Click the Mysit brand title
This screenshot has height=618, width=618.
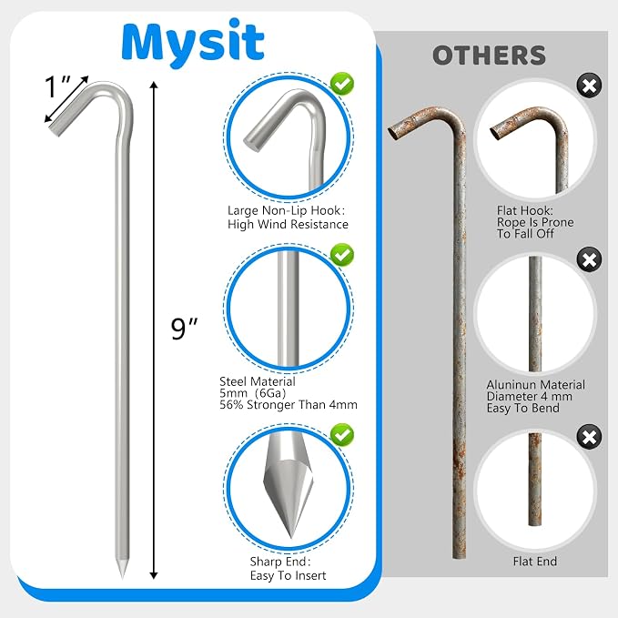193,43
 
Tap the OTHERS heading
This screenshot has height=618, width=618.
489,56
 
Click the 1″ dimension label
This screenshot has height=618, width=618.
56,86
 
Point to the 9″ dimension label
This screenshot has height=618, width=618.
184,329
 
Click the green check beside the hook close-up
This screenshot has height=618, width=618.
341,84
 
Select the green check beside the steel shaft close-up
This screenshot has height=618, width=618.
341,255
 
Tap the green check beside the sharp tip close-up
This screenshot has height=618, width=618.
341,435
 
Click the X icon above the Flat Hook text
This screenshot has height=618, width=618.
589,86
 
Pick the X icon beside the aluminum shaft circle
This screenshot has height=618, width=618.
589,259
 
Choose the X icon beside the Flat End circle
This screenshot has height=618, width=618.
589,437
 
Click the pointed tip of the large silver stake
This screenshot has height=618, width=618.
123,577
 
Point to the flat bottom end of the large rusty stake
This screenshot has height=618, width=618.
459,556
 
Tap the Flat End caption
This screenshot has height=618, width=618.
535,562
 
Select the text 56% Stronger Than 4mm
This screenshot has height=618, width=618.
289,405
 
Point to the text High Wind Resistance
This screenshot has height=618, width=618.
289,224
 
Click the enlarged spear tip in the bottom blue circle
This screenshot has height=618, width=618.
289,491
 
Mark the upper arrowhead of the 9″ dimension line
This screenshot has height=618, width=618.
154,85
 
